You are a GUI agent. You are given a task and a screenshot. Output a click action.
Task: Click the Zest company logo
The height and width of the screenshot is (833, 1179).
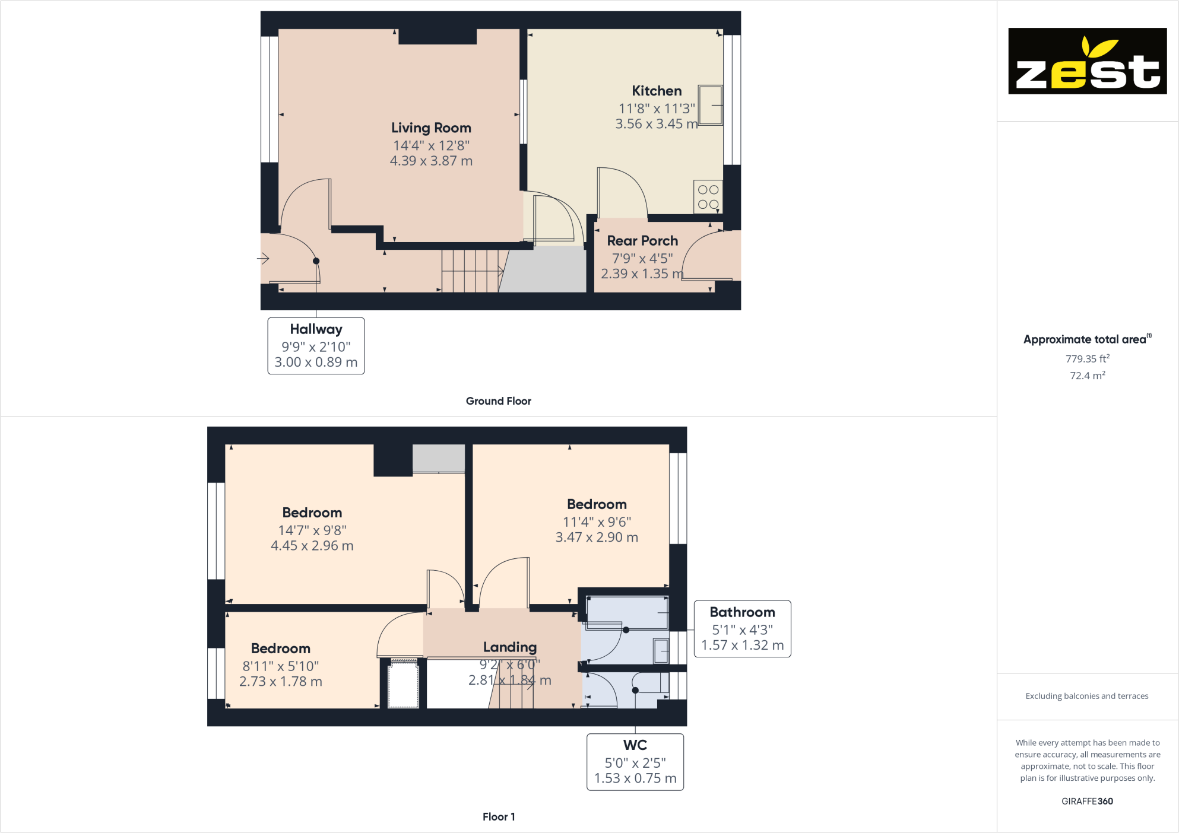click(x=1087, y=61)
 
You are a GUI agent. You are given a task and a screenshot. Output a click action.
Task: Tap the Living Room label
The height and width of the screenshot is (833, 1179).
click(x=431, y=128)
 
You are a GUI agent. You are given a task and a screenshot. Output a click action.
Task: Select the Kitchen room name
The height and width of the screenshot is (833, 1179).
click(x=657, y=91)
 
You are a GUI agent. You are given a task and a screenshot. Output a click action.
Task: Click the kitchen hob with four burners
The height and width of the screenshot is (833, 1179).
click(x=708, y=196)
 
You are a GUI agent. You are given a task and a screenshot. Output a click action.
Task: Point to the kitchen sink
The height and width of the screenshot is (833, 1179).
click(x=711, y=105)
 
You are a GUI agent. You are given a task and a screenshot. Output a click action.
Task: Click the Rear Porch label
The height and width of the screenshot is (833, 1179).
click(x=642, y=241)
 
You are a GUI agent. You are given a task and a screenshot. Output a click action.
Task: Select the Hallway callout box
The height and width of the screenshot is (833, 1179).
click(x=316, y=346)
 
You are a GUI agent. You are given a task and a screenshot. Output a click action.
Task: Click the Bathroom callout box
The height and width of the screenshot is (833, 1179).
click(x=742, y=629)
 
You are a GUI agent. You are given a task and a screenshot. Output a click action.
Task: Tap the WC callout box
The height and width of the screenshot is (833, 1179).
click(x=635, y=762)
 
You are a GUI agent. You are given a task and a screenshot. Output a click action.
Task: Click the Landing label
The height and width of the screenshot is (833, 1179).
click(x=510, y=647)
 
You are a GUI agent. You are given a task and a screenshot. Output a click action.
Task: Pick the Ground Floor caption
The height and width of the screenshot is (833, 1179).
click(x=499, y=401)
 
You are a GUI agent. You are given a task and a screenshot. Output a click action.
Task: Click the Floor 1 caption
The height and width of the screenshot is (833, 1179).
click(x=499, y=817)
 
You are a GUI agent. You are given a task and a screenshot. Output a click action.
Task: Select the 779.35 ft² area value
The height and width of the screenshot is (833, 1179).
click(x=1088, y=359)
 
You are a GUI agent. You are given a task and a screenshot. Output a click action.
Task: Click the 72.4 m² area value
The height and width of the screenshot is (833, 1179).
click(x=1088, y=376)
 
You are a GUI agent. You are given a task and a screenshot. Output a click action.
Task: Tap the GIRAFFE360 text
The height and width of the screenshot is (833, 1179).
click(x=1087, y=801)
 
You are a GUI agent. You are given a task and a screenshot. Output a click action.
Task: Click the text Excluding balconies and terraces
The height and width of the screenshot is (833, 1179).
click(x=1087, y=696)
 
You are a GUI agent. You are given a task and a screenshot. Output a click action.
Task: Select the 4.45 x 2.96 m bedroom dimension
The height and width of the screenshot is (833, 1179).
click(x=312, y=546)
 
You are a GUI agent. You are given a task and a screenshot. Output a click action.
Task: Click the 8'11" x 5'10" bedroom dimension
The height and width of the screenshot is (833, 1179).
click(x=281, y=666)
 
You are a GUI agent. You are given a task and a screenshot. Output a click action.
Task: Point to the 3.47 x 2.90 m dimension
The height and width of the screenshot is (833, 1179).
click(x=597, y=538)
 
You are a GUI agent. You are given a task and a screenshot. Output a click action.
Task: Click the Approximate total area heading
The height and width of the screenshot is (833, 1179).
click(x=1087, y=339)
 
